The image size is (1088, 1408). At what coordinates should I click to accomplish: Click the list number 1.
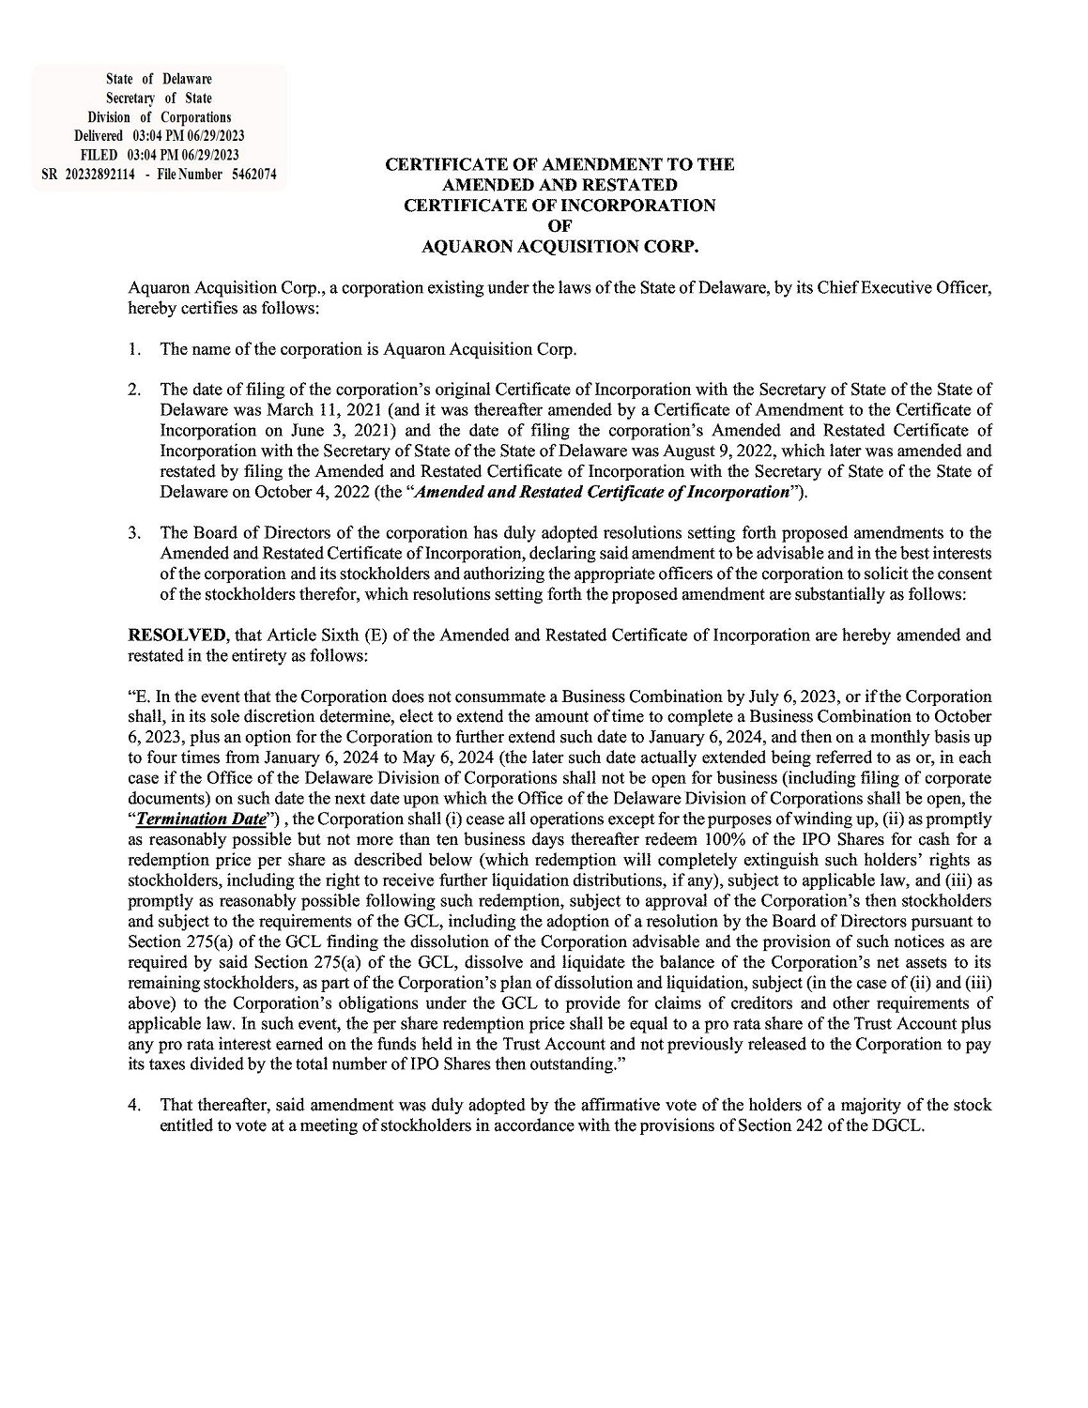pos(135,350)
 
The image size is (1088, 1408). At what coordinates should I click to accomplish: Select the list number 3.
pos(135,533)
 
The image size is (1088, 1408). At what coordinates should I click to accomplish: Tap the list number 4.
pos(135,1106)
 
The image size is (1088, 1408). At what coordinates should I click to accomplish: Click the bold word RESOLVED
pos(176,635)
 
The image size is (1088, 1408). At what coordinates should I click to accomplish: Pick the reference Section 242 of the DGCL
pos(847,1126)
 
